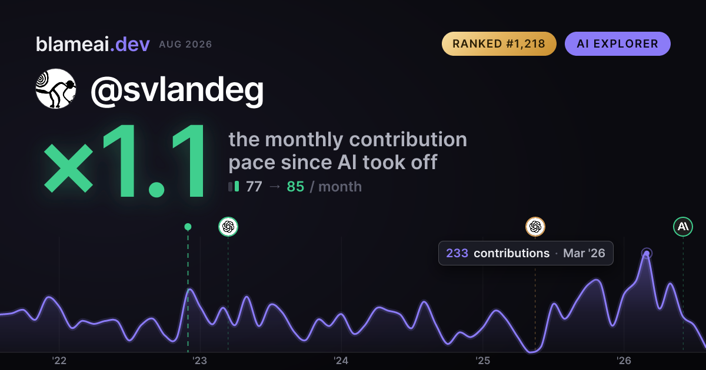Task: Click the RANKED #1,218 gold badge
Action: [499, 43]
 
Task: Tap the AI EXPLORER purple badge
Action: [617, 43]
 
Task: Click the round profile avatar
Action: [56, 89]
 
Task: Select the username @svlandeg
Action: [177, 90]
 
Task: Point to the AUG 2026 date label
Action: [185, 45]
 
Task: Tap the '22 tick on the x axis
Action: [59, 361]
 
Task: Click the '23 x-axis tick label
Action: [200, 361]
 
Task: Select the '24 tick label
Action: [341, 361]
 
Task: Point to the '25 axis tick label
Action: [482, 361]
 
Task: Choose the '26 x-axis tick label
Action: [624, 361]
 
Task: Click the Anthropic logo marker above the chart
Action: [683, 227]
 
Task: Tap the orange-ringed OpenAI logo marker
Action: [535, 227]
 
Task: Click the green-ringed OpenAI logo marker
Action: [228, 227]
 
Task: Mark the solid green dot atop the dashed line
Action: [188, 227]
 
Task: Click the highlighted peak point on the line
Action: [647, 253]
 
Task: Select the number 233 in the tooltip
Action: [457, 253]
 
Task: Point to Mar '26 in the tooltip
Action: [584, 253]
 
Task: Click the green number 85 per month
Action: [295, 187]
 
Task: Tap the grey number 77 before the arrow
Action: [254, 187]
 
